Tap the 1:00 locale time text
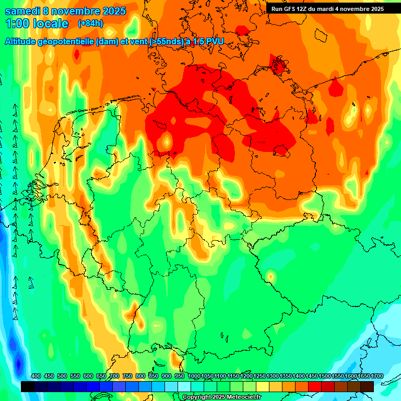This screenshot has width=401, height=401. coord(37,23)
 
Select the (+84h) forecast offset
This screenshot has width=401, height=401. coord(90,23)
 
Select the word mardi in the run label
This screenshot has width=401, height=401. coord(330,9)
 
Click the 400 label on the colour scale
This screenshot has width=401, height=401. coord(36,376)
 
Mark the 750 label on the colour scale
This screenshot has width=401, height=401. coord(127,376)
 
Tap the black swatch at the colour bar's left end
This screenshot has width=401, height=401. coord(28,386)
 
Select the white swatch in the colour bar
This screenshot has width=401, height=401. coord(184,386)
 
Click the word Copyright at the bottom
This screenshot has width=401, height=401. coord(198,397)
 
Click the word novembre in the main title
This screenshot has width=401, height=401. coord(78,11)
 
